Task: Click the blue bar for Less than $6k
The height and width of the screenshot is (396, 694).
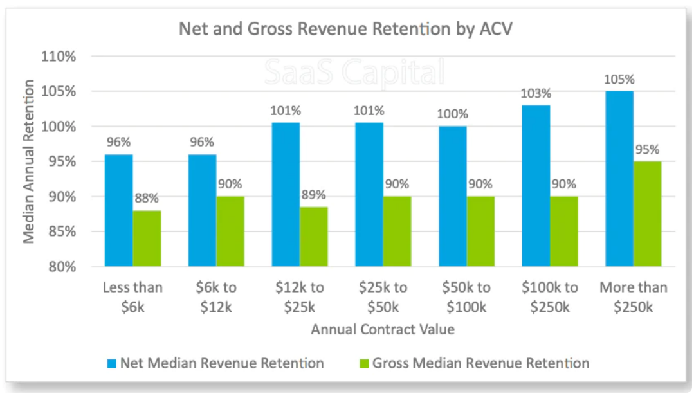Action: [119, 210]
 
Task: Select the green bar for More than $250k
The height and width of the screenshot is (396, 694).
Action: [647, 213]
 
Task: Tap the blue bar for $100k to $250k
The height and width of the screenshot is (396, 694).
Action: [536, 186]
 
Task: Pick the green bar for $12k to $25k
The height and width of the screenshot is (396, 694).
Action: [313, 237]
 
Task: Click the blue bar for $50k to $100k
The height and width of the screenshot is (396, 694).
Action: [453, 196]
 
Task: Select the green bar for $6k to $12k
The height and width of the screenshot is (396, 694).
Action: [230, 231]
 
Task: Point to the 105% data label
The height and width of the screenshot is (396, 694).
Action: [619, 80]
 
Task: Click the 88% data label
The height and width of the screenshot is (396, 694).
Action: [147, 199]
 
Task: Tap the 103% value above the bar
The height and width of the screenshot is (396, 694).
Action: [536, 94]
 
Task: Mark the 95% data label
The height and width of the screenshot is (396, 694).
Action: [647, 150]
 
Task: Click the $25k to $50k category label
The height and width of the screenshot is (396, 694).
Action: [383, 296]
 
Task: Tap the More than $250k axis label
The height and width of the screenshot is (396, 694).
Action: [634, 296]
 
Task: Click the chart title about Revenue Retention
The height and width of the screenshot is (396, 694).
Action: [345, 30]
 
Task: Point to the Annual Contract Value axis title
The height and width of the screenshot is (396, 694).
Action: [383, 329]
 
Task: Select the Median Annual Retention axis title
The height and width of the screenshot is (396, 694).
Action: [29, 161]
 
